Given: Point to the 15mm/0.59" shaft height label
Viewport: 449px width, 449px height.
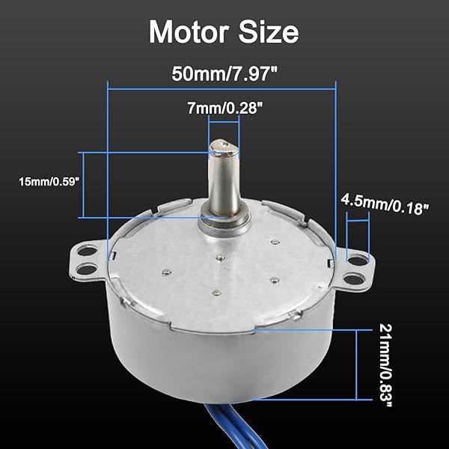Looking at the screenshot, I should pos(45,182).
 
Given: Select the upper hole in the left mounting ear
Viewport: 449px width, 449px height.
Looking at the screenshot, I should pos(84,253).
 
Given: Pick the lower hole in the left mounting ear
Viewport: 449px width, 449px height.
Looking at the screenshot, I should pos(88,267).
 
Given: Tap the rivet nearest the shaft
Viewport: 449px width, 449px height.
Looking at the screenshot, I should pos(221,257).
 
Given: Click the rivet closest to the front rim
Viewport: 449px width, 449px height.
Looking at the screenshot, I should pos(216,293).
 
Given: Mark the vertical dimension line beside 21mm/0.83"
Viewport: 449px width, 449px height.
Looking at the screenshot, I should pos(372,364).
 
